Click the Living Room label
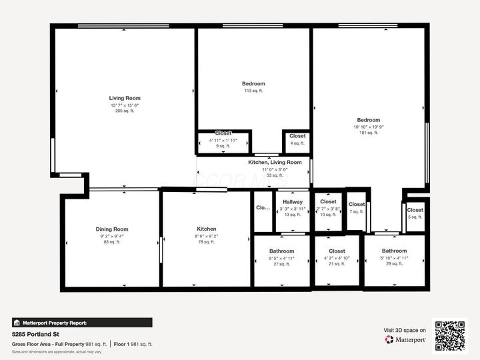click(125, 99)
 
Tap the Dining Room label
click(112, 229)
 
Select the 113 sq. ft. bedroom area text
click(253, 91)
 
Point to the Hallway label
click(292, 202)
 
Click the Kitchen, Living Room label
click(275, 163)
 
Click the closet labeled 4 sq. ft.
click(297, 137)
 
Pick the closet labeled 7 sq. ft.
click(357, 205)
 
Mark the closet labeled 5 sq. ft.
click(415, 211)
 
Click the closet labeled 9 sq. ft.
click(223, 134)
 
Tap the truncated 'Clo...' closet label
click(263, 208)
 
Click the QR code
click(451, 335)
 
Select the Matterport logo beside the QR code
click(405, 339)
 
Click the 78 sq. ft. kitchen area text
click(206, 242)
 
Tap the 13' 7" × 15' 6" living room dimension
click(125, 105)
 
